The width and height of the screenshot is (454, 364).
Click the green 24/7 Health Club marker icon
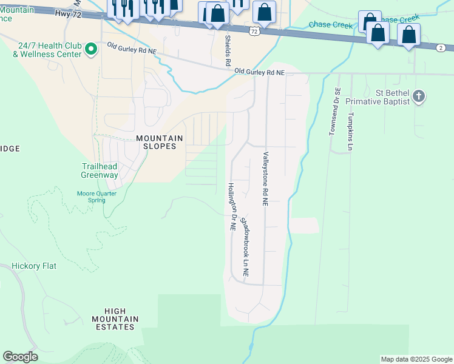[91, 48]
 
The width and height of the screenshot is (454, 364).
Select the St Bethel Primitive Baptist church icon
[419, 96]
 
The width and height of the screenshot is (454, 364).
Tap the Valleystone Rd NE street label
[265, 180]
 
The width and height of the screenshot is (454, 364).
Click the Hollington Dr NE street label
[232, 206]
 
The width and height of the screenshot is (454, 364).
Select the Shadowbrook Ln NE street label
[245, 248]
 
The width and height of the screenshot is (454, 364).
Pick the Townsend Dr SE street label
[333, 112]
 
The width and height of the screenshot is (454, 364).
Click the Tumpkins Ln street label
[350, 130]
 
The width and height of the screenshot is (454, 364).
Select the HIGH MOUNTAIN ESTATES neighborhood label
[115, 318]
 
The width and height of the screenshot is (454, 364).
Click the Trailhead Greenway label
[100, 170]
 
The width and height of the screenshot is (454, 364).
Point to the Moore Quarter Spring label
[96, 197]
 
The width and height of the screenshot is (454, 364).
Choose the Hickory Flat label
[34, 266]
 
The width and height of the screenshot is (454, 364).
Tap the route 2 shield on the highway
[440, 47]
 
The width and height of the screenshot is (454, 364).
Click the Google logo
[20, 357]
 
